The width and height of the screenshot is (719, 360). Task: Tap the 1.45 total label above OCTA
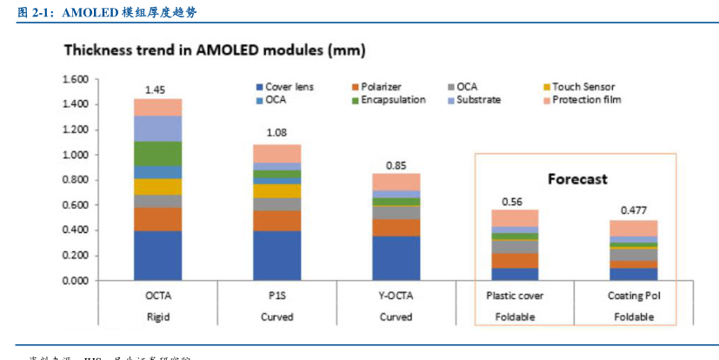click(156, 90)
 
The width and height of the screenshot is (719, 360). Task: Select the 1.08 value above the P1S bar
click(276, 133)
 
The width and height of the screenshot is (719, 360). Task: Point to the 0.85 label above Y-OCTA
click(396, 164)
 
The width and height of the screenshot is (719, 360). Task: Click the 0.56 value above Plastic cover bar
click(515, 201)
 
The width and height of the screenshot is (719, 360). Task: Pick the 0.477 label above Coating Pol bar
click(634, 210)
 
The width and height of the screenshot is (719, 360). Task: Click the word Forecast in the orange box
click(576, 179)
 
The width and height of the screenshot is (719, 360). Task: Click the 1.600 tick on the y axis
click(77, 79)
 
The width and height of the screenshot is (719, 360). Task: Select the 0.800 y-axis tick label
click(77, 180)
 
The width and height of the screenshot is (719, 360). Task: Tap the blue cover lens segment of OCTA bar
click(156, 256)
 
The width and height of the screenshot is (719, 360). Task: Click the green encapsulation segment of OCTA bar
click(156, 153)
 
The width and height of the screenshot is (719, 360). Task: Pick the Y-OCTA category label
click(396, 296)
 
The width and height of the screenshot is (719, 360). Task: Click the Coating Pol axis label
click(634, 296)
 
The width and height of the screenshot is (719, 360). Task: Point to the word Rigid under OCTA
click(156, 317)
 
